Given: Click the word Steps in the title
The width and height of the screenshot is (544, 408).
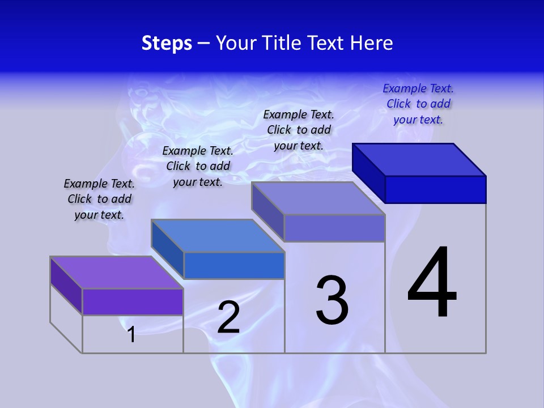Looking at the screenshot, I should coord(167,44).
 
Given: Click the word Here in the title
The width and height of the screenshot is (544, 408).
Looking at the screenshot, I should coord(371,44).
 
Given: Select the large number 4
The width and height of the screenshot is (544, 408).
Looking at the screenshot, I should coord(432,283).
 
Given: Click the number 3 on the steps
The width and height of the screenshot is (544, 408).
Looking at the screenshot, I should coord(331,300).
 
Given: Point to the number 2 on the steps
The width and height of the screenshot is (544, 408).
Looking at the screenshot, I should coord(228,318).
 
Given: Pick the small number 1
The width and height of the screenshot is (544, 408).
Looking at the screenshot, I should coord(131,334).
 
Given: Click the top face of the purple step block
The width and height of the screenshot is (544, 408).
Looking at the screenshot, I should coord(116,273).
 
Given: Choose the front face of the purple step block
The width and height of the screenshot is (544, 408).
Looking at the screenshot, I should coord(133,301).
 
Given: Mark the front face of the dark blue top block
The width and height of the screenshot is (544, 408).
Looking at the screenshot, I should coord(435,189).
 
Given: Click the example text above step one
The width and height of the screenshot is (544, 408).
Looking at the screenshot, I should coord(99,199).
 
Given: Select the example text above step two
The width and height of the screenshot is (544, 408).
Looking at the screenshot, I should coord(198,166).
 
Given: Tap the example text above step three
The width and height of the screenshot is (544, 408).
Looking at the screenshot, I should coord(299,130).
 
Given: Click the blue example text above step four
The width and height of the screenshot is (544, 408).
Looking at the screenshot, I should coord(418,104).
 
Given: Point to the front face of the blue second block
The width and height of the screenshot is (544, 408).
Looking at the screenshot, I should coord(234,265).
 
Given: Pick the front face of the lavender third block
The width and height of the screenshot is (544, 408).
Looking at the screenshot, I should coord(334,228).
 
